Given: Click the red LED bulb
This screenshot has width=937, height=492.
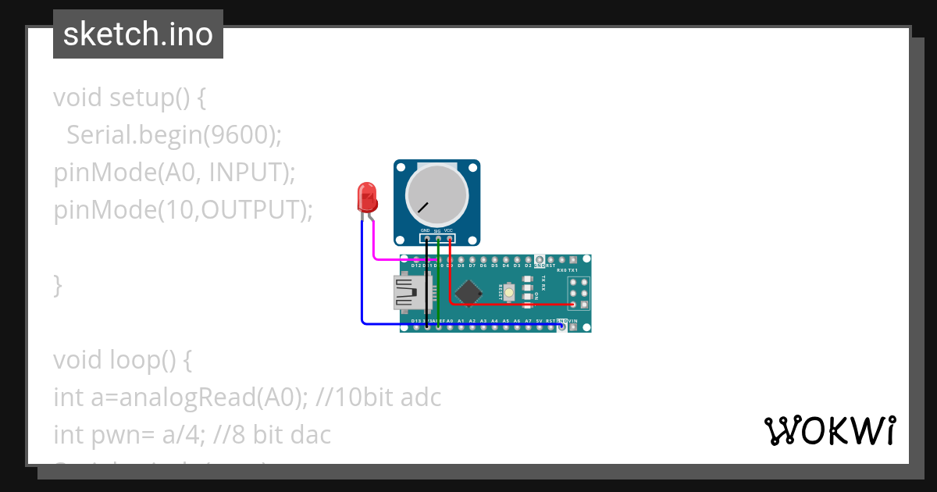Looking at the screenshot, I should pyautogui.click(x=367, y=197).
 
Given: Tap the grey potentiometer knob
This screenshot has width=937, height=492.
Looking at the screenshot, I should pyautogui.click(x=436, y=194).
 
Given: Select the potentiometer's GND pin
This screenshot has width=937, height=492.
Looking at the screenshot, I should pyautogui.click(x=426, y=238).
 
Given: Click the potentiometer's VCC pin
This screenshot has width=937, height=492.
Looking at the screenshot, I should pyautogui.click(x=449, y=238).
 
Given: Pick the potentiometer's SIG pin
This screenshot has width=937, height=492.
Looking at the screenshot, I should pyautogui.click(x=437, y=238).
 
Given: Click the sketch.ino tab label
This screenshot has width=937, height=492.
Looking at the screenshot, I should pyautogui.click(x=138, y=34).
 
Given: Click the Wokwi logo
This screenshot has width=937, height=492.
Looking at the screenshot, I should pyautogui.click(x=828, y=431).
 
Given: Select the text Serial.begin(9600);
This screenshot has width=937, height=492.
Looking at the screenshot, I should pyautogui.click(x=173, y=135).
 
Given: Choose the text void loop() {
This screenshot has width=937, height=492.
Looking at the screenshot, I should pyautogui.click(x=122, y=360).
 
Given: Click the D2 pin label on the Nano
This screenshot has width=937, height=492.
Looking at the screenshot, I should pyautogui.click(x=529, y=266).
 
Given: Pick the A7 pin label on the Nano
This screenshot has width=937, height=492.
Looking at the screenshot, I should pyautogui.click(x=529, y=321).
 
